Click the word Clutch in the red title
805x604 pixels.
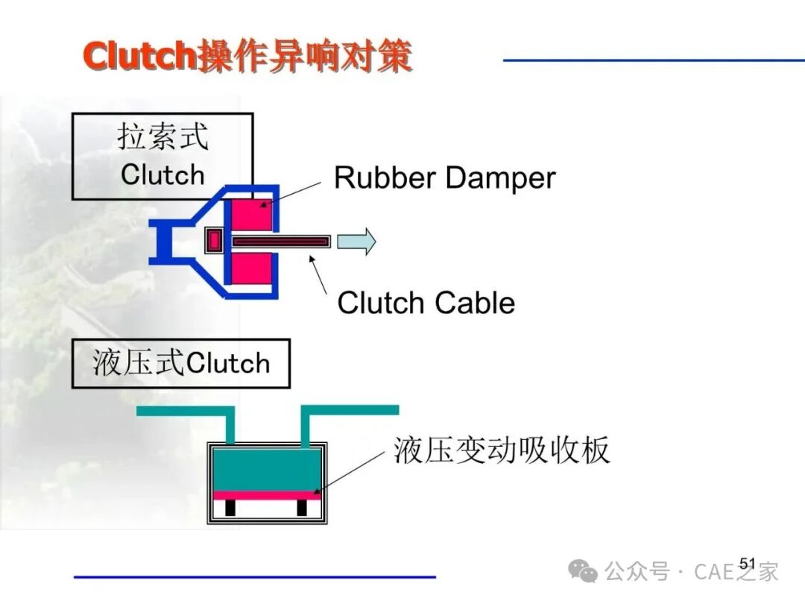point(139,55)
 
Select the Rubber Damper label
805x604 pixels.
point(444,178)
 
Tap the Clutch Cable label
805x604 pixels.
point(426,303)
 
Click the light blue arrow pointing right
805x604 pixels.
point(356,242)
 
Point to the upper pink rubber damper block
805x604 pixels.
point(252,214)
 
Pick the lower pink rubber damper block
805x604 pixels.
point(252,268)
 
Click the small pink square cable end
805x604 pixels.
point(214,240)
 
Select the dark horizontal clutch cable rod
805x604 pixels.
point(280,242)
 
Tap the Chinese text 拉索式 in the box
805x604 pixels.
point(162,136)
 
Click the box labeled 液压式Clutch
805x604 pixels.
point(180,363)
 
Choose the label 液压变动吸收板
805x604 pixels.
point(502,450)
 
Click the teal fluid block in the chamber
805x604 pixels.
point(267,470)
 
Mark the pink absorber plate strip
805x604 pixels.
point(267,496)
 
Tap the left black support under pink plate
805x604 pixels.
point(230,508)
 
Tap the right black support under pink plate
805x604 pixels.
point(302,508)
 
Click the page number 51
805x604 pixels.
point(748,564)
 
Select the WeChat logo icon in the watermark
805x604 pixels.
point(583,570)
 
